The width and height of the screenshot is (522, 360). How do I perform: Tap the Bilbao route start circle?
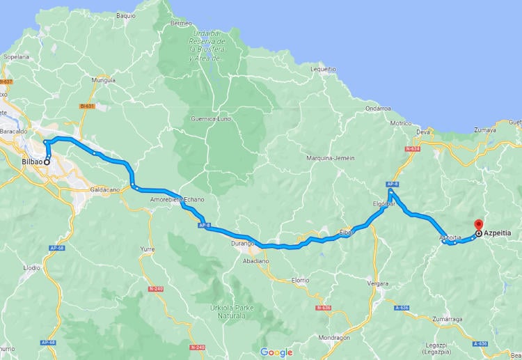pyautogui.click(x=47, y=162)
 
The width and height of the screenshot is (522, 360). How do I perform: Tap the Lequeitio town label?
pyautogui.click(x=323, y=69)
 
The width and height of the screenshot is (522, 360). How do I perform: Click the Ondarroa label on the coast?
pyautogui.click(x=378, y=108)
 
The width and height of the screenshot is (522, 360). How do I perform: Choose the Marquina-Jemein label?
pyautogui.click(x=331, y=158)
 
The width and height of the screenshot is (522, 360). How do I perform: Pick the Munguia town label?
pyautogui.click(x=103, y=81)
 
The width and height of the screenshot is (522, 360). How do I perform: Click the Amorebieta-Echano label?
pyautogui.click(x=177, y=200)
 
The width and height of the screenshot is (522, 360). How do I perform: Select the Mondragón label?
pyautogui.click(x=334, y=337)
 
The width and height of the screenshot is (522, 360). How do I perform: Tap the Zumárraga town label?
pyautogui.click(x=446, y=319)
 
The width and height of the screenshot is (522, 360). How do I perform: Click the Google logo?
pyautogui.click(x=276, y=352)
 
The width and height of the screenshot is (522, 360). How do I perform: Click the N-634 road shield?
pyautogui.click(x=411, y=148)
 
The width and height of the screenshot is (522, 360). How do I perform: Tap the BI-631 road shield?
pyautogui.click(x=86, y=107)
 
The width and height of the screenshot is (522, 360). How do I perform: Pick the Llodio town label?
pyautogui.click(x=32, y=267)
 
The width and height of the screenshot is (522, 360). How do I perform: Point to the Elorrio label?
pyautogui.click(x=300, y=280)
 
